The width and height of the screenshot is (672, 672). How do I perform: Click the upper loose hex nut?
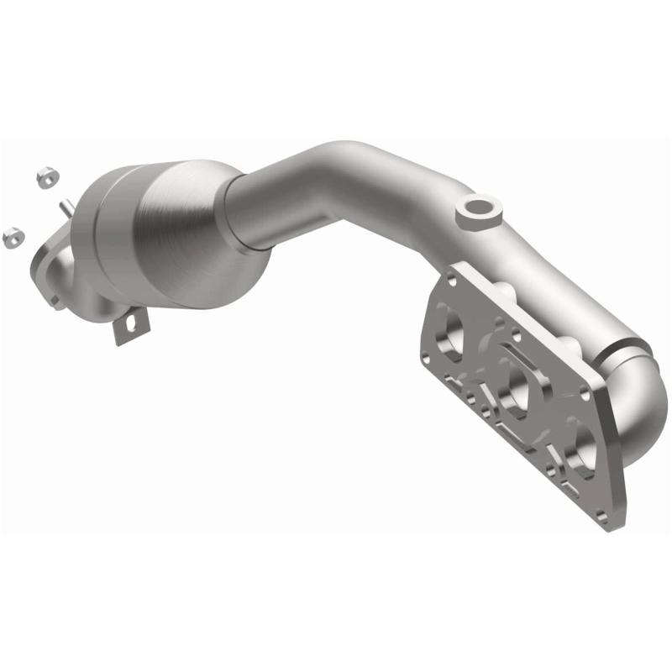(x=45, y=176)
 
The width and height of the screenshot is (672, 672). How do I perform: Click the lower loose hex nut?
(x=13, y=237)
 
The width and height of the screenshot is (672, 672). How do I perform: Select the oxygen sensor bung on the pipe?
(x=475, y=210)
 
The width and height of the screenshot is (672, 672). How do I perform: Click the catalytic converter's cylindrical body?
(x=189, y=235)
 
